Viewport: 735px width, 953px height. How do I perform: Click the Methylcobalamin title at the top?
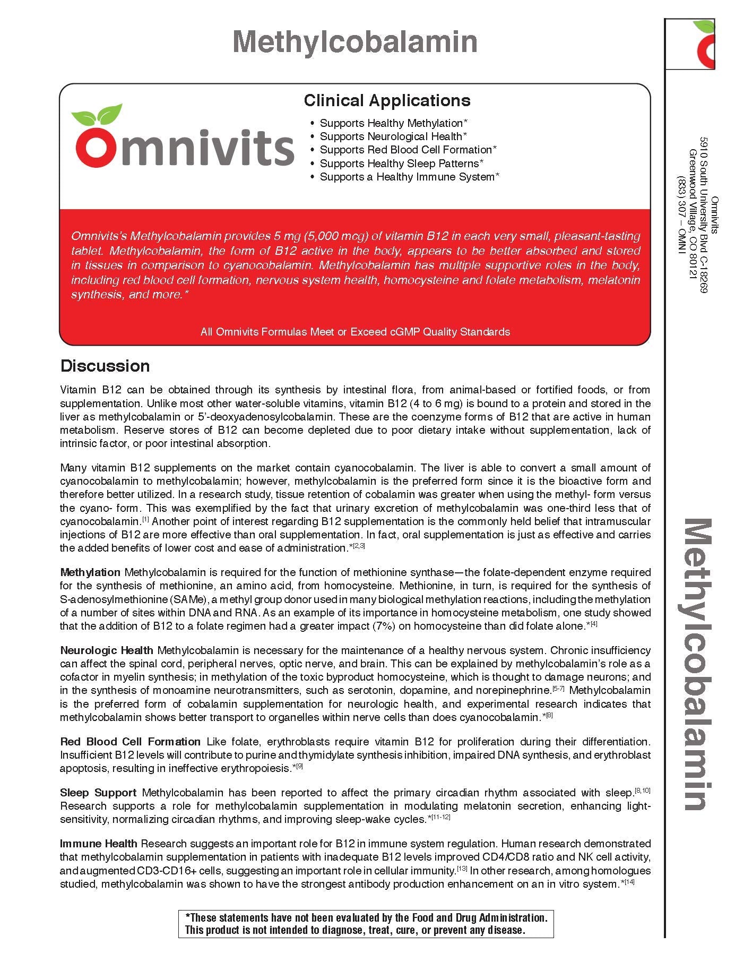coord(355,41)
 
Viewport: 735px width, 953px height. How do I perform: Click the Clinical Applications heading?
coord(387,100)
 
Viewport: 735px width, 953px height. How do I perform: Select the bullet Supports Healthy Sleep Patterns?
coord(401,164)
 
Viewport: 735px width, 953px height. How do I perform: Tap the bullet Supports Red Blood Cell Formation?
coord(408,150)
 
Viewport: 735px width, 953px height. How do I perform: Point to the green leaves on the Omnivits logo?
coord(97,115)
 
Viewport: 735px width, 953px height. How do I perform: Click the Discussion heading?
coord(105,366)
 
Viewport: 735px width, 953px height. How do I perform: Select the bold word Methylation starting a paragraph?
coord(90,572)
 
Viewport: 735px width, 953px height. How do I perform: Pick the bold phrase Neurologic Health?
coord(107,650)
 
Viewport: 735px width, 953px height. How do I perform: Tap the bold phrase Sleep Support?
coord(98,793)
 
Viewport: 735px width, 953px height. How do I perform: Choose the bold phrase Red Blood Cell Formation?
coord(130,742)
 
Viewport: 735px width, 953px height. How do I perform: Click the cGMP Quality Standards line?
coord(355,332)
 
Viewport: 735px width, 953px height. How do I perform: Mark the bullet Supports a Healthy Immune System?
coord(409,177)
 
